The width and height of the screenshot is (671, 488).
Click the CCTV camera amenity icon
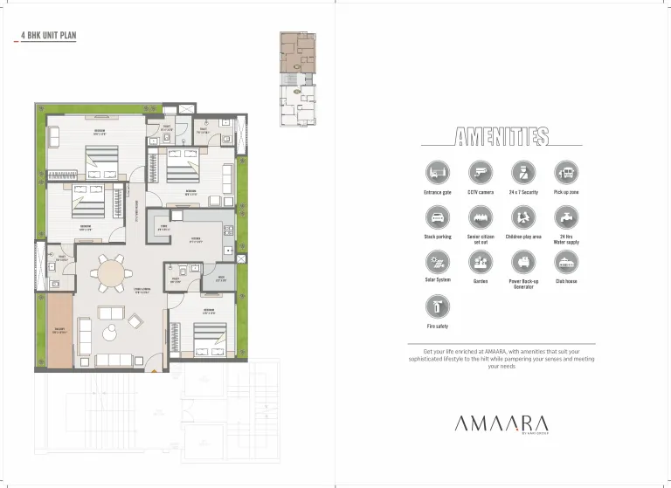pos(481,171)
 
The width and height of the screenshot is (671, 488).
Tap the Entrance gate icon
pos(437,171)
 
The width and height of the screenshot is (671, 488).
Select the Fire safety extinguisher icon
pos(437,306)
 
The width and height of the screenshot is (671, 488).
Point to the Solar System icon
pos(437,261)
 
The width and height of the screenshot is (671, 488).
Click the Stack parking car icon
pos(437,217)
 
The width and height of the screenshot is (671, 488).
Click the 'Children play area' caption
pos(523,237)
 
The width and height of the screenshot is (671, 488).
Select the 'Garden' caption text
pos(481,281)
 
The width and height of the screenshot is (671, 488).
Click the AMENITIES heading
pos(502,136)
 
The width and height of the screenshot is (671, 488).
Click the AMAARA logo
pos(501,423)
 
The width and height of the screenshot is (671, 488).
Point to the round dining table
pos(111,272)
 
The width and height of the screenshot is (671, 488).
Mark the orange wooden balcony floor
pos(59,330)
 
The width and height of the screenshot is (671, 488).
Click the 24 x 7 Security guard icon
pos(523,171)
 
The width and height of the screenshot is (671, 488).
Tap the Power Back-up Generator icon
pos(523,261)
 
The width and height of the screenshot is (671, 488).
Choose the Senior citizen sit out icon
pos(481,217)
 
